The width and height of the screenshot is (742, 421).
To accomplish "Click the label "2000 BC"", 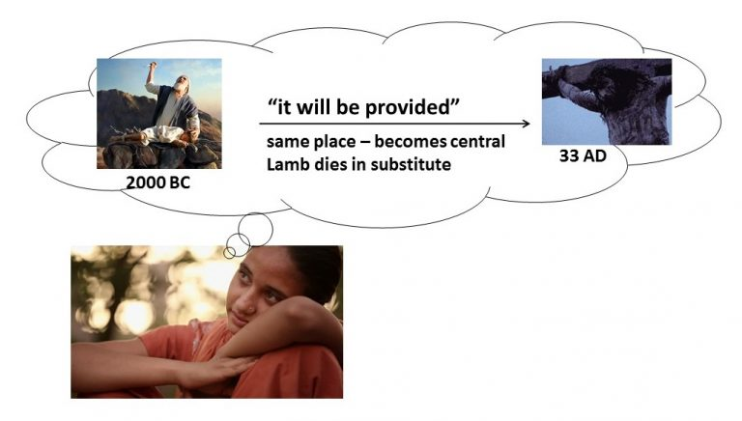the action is (158, 182).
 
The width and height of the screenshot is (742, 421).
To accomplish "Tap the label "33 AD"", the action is (583, 155).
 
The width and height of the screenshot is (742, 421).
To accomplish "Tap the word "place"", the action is (333, 142).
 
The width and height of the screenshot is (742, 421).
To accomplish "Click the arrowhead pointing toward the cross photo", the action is (526, 124).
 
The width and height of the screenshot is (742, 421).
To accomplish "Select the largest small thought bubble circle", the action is (255, 230).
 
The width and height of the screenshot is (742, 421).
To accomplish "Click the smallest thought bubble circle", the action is (229, 253).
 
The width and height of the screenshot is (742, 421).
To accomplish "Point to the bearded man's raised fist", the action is (152, 67).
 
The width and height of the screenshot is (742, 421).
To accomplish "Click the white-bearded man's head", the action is (182, 83).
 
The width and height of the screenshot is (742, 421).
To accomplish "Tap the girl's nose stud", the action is (245, 309).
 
